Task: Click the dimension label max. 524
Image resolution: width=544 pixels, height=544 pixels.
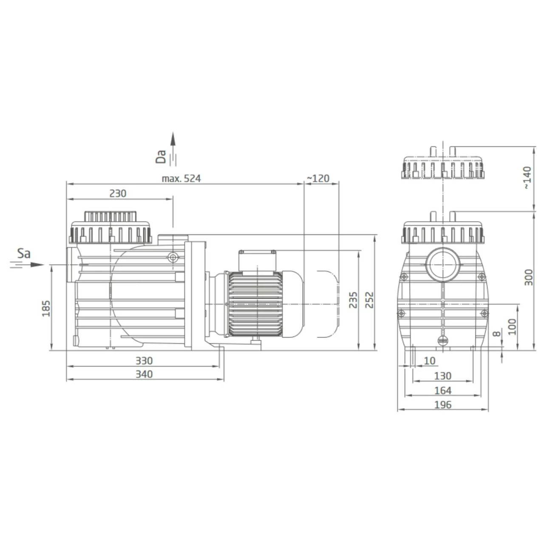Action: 181,178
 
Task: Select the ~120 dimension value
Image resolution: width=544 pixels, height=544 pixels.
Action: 318,178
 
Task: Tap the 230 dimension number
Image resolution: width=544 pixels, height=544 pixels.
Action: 118,193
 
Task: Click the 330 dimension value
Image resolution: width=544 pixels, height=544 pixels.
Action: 144,361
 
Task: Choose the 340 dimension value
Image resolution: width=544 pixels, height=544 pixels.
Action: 144,374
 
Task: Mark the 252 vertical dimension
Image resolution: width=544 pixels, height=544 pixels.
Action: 369,300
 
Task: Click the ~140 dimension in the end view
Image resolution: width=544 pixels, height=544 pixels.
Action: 527,178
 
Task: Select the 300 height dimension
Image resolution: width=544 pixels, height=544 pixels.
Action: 528,278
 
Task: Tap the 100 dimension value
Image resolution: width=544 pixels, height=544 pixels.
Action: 512,327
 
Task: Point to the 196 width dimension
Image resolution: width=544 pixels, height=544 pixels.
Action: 442,405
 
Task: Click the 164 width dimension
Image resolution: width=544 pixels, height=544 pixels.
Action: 442,391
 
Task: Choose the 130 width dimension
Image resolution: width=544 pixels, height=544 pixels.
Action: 442,376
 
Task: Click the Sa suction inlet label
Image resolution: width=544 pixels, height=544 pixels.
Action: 24,254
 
